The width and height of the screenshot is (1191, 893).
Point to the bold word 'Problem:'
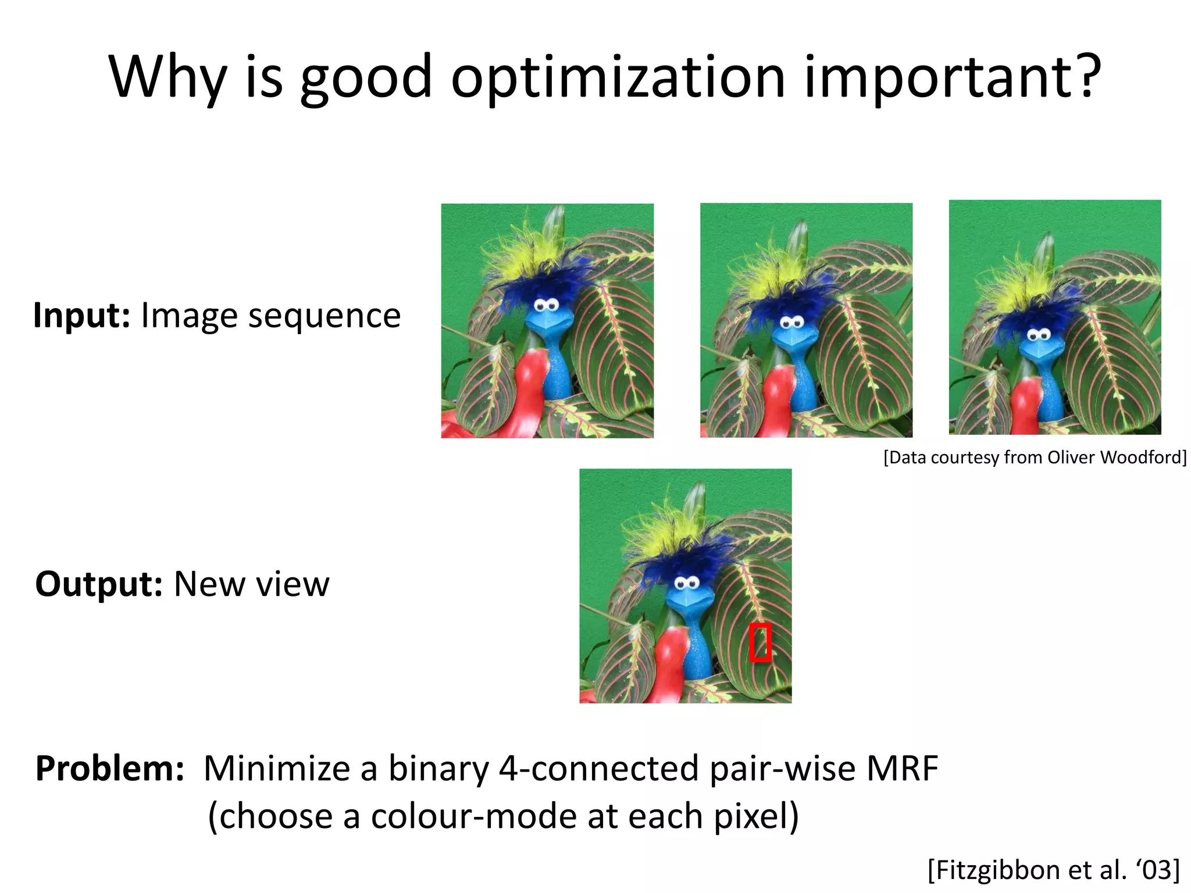(109, 769)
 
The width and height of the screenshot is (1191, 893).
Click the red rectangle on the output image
(760, 642)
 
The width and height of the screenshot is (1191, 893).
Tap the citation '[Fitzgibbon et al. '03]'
(1053, 870)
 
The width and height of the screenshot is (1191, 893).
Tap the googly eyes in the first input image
(547, 305)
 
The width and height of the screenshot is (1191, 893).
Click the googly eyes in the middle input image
(792, 322)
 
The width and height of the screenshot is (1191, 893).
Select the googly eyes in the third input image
(1038, 334)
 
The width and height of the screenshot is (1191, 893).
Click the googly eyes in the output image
(687, 583)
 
